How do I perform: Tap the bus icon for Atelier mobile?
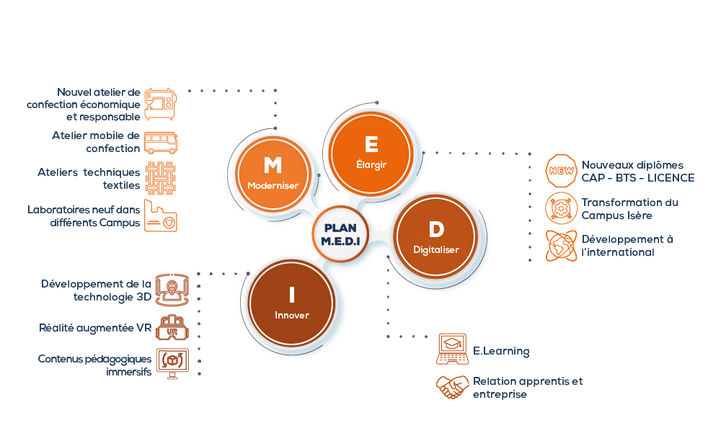pos(161,142)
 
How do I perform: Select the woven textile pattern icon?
pos(161,179)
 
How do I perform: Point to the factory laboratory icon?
pos(161,216)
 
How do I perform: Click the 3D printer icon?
pos(172,289)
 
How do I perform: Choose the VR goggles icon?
pos(172,327)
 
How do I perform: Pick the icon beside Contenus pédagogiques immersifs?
pos(172,365)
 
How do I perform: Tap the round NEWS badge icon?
pos(561,171)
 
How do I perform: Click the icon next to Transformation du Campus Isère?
pos(561,208)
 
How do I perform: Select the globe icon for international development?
pos(561,246)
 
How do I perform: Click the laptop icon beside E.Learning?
pos(452,350)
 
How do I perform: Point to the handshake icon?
pos(452,388)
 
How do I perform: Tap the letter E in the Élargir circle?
pos(371,145)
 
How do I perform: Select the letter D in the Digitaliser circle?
pos(436,230)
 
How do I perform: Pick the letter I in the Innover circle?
pos(291,295)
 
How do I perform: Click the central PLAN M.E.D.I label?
pos(340,233)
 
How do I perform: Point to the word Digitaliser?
pos(436,250)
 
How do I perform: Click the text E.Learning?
pos(501,352)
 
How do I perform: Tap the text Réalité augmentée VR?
pos(95,328)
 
